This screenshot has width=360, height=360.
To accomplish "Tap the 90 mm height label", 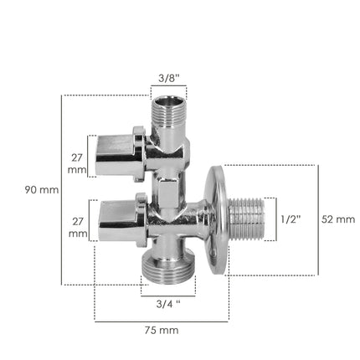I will point(42,190).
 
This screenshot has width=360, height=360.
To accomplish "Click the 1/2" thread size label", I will point(290,219).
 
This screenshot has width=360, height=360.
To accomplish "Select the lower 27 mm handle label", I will point(77,229).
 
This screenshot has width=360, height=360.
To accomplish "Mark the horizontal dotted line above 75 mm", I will point(161,319).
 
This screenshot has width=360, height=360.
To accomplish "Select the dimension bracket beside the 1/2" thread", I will point(275,219).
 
